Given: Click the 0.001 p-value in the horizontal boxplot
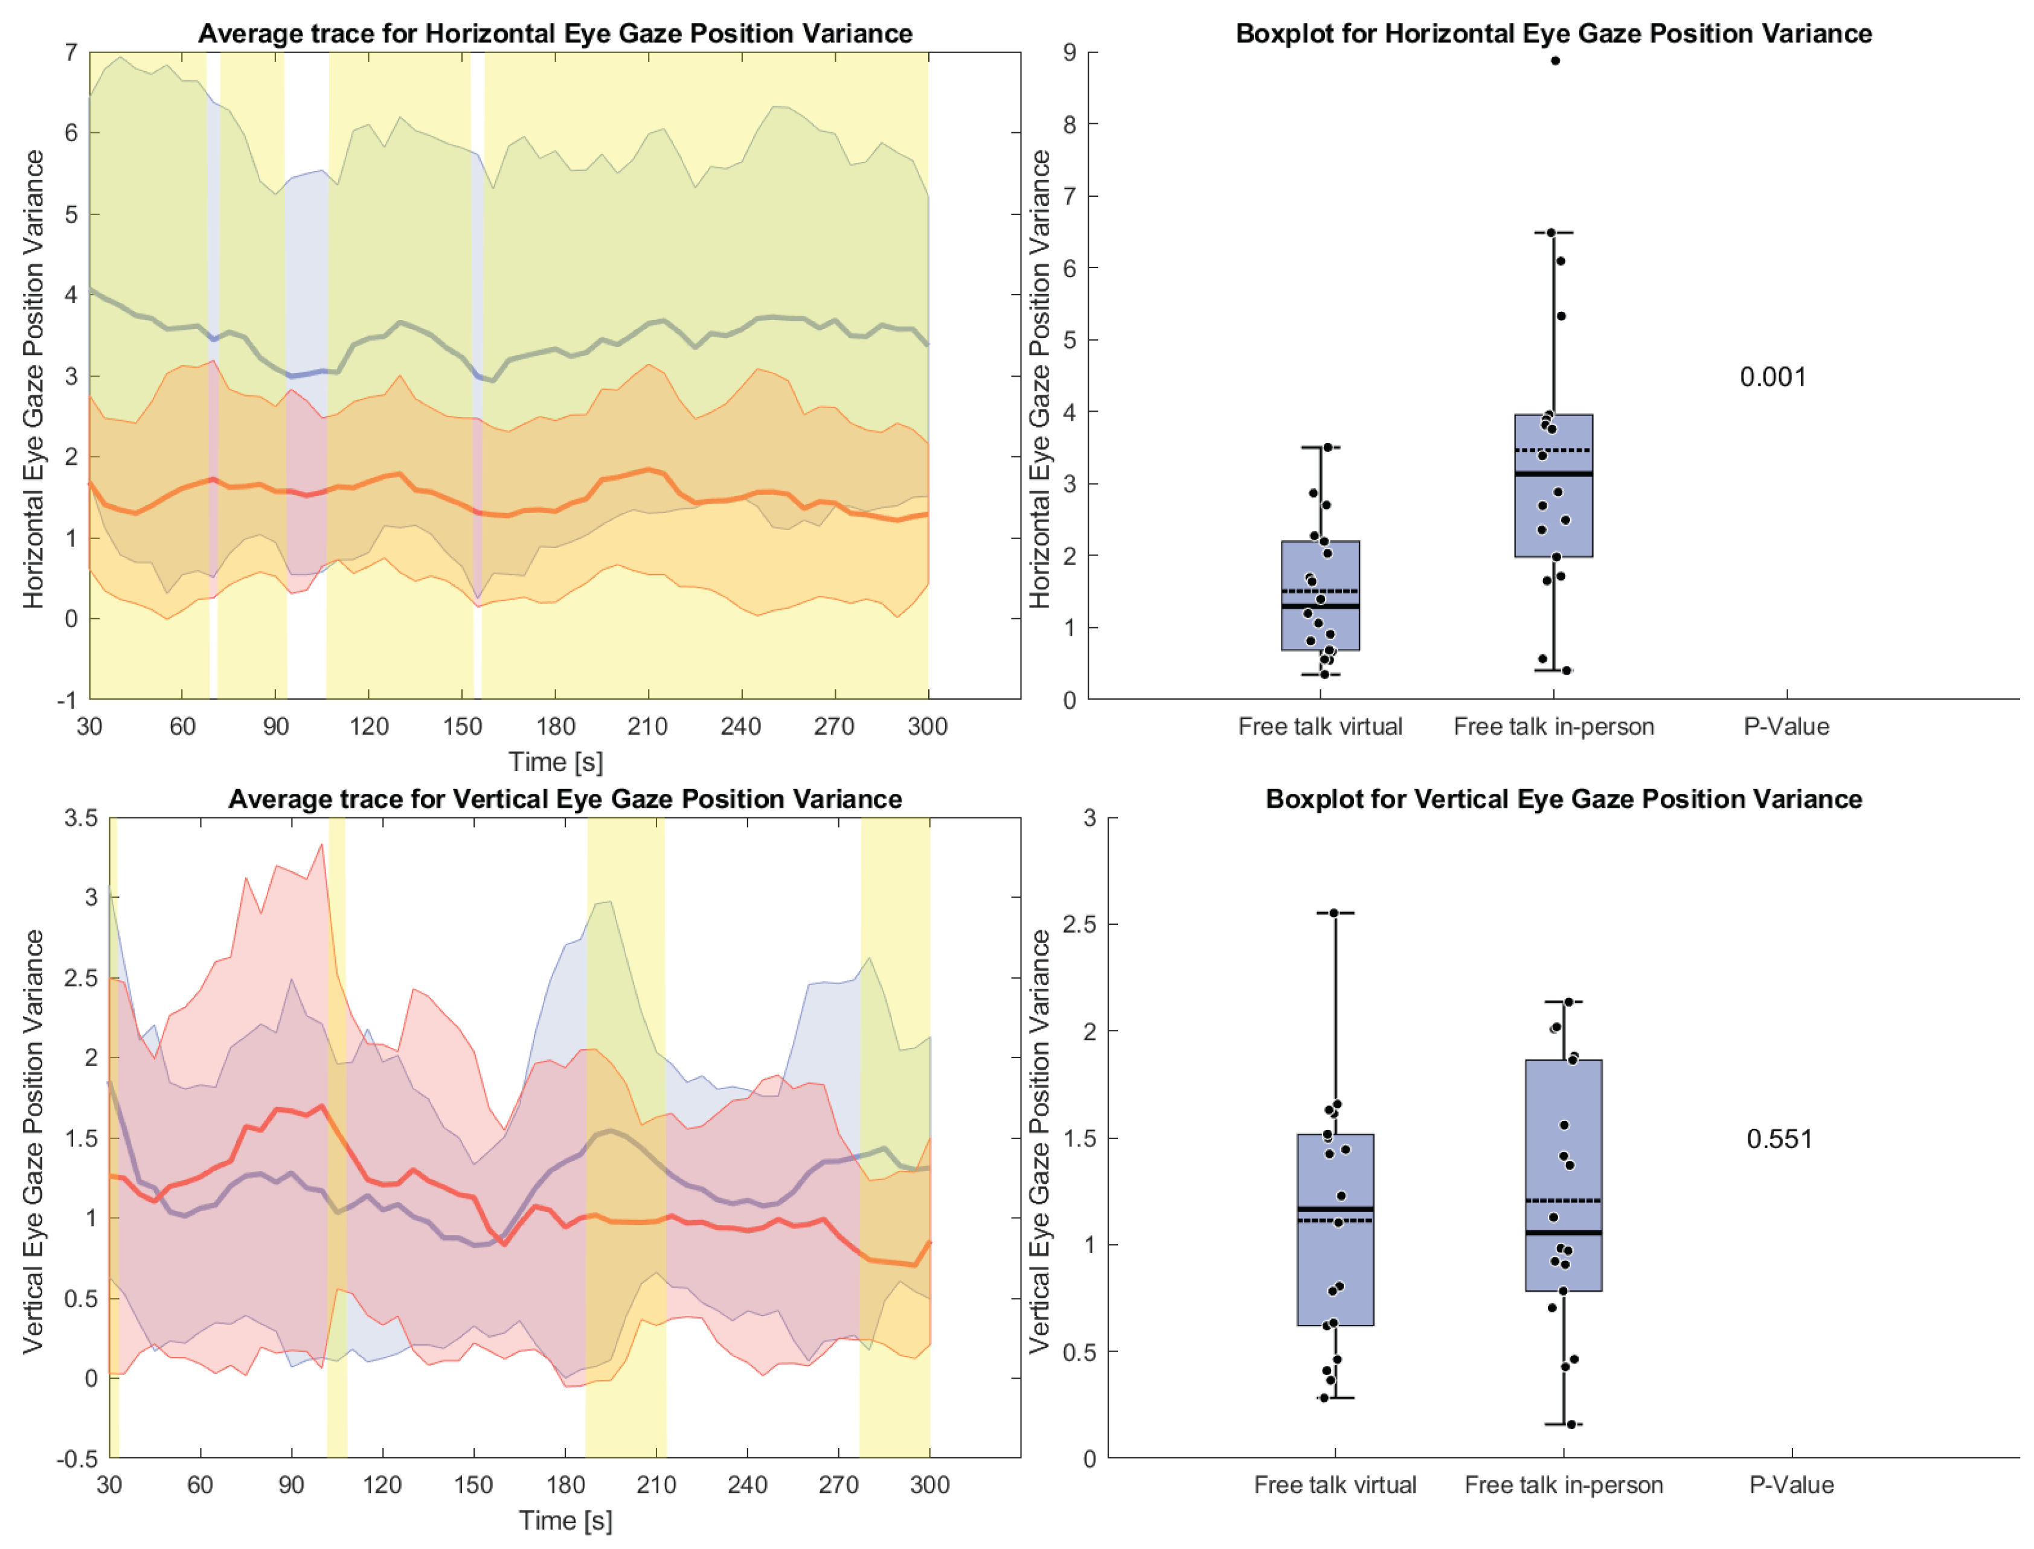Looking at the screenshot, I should pyautogui.click(x=1771, y=377).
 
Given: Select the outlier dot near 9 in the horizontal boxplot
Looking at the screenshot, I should pyautogui.click(x=1555, y=61).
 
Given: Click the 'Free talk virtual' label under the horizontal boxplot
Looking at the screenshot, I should pyautogui.click(x=1319, y=727).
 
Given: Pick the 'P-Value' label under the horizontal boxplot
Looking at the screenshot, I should pyautogui.click(x=1786, y=727).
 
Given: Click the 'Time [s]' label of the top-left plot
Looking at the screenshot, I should pyautogui.click(x=556, y=762).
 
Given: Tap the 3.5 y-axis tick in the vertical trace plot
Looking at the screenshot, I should pyautogui.click(x=81, y=819).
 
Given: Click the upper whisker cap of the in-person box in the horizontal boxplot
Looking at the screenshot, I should pyautogui.click(x=1553, y=233).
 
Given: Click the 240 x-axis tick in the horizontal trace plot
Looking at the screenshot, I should pyautogui.click(x=741, y=727).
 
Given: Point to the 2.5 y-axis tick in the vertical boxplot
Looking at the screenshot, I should pyautogui.click(x=1079, y=924).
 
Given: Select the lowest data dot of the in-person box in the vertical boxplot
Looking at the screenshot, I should pyautogui.click(x=1571, y=1425).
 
